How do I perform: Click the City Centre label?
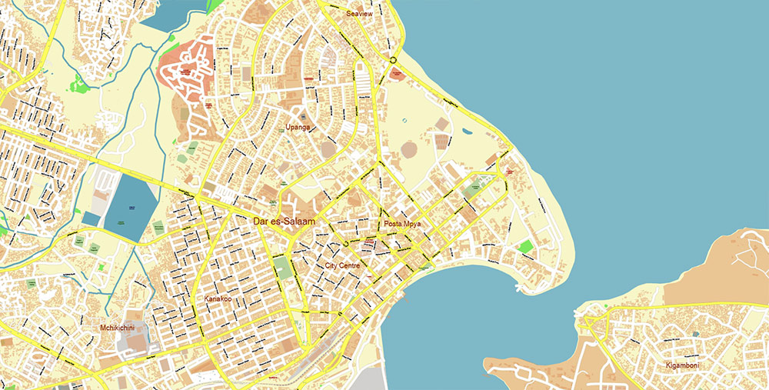(x=343, y=265)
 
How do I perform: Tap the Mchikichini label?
(x=118, y=328)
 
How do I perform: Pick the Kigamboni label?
(x=682, y=365)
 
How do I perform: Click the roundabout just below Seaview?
(x=393, y=60)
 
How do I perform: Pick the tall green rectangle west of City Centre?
(x=283, y=268)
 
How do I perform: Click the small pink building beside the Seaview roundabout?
(x=397, y=75)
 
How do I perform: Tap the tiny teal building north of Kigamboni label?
(x=695, y=335)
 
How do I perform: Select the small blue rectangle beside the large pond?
(x=90, y=218)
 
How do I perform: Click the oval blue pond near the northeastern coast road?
(x=465, y=132)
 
